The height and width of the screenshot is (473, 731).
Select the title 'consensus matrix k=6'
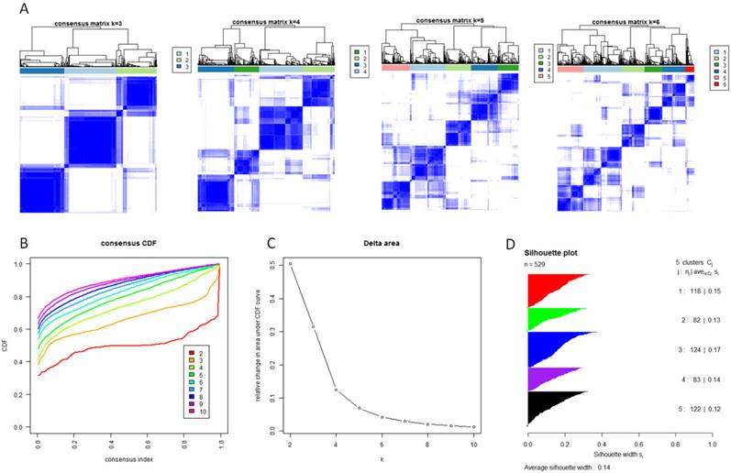(626, 21)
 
